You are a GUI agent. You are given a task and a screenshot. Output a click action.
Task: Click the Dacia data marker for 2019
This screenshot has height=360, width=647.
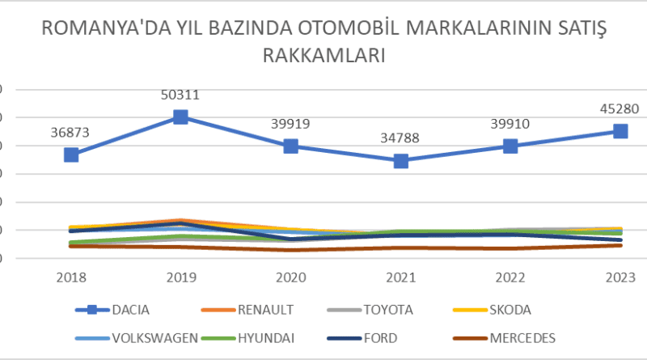pyautogui.click(x=181, y=117)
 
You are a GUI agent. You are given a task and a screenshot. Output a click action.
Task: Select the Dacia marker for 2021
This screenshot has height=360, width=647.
pyautogui.click(x=401, y=161)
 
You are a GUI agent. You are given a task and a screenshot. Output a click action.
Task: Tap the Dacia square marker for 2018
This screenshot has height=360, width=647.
pyautogui.click(x=71, y=155)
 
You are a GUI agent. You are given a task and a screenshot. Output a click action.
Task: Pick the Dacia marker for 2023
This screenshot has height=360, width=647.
pyautogui.click(x=620, y=131)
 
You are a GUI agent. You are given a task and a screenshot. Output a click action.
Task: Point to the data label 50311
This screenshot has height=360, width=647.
pyautogui.click(x=181, y=95)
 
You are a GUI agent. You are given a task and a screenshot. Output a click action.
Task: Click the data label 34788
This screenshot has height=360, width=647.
pyautogui.click(x=401, y=139)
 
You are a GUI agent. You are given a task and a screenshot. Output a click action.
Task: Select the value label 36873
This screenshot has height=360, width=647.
pyautogui.click(x=71, y=132)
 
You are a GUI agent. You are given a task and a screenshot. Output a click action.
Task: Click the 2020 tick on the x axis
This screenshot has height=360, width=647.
pyautogui.click(x=291, y=277)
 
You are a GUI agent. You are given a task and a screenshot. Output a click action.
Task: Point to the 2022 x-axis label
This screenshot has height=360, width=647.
pyautogui.click(x=510, y=277)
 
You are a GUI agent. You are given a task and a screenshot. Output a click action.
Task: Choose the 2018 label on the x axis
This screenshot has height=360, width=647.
pyautogui.click(x=71, y=277)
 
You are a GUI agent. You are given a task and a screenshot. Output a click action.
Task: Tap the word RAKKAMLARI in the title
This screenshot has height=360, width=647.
pyautogui.click(x=323, y=56)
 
